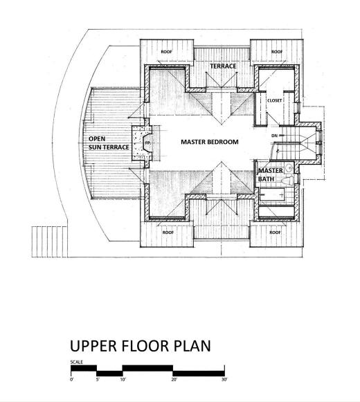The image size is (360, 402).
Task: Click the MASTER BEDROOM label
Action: (x=210, y=142)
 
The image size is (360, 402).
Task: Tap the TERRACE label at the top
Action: (x=223, y=66)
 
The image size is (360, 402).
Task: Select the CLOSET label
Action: (x=275, y=100)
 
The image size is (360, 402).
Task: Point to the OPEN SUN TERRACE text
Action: (x=109, y=143)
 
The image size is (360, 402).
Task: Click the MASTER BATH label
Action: (x=271, y=174)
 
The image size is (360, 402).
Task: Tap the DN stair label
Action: (x=274, y=136)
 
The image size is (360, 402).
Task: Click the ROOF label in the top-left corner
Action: (x=166, y=52)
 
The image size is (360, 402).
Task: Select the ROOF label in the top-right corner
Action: (x=277, y=52)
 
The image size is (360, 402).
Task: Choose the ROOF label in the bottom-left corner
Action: (x=168, y=232)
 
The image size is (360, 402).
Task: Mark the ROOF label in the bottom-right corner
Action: (x=275, y=232)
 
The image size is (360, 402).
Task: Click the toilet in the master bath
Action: (x=287, y=181)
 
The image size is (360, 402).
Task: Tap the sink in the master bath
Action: (x=289, y=168)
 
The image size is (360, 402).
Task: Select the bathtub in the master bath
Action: (x=272, y=194)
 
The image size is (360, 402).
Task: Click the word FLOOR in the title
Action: (x=145, y=345)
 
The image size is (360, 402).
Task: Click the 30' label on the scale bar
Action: (x=224, y=379)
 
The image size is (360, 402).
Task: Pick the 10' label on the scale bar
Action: (x=123, y=379)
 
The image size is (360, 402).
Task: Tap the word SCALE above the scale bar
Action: (x=76, y=363)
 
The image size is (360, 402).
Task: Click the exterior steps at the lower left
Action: (x=50, y=241)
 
